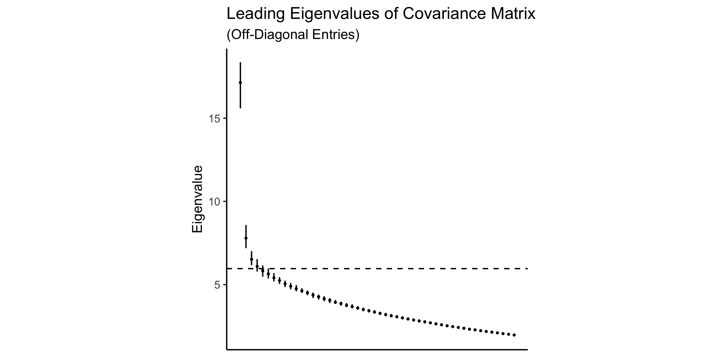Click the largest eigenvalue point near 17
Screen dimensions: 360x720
point(240,82)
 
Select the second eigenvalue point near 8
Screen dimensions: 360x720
point(246,238)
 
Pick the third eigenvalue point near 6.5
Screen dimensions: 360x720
point(251,259)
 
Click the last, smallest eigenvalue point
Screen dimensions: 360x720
point(514,335)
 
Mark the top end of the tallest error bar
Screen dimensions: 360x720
point(240,63)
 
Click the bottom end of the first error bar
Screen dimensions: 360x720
point(240,108)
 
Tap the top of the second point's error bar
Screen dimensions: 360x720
point(246,225)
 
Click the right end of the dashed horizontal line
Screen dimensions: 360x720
point(527,268)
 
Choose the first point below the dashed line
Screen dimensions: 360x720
point(263,271)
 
